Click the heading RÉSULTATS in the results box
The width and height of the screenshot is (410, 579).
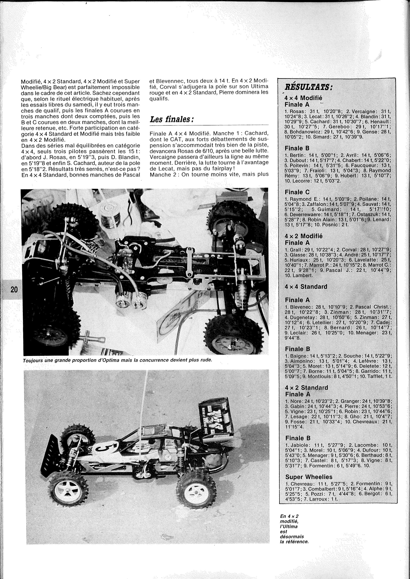point(308,87)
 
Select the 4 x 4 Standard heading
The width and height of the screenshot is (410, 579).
point(306,287)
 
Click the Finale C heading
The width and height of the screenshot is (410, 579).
point(297,192)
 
